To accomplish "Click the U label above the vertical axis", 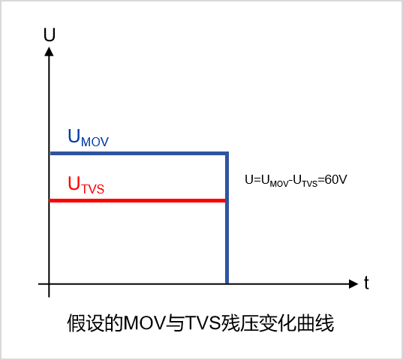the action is (x=50, y=34).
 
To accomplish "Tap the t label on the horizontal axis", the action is (x=366, y=283).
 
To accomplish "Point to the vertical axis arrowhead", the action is (x=49, y=51).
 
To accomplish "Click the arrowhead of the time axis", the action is (x=353, y=283).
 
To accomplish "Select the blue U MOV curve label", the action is (x=88, y=138).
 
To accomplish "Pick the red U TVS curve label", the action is (x=86, y=185).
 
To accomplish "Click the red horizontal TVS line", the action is (x=137, y=200).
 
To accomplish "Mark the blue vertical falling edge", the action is (x=227, y=217).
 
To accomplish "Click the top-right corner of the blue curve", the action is (x=227, y=153).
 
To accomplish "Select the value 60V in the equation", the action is (x=336, y=179).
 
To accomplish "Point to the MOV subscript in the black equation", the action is (x=279, y=184).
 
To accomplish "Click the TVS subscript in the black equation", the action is (x=310, y=184).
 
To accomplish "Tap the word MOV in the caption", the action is (x=144, y=322).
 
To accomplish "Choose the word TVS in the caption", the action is (x=203, y=322).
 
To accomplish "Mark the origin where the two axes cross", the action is (x=49, y=284).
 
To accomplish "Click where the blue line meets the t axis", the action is (x=227, y=283).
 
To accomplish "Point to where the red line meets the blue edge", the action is (x=226, y=200).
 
